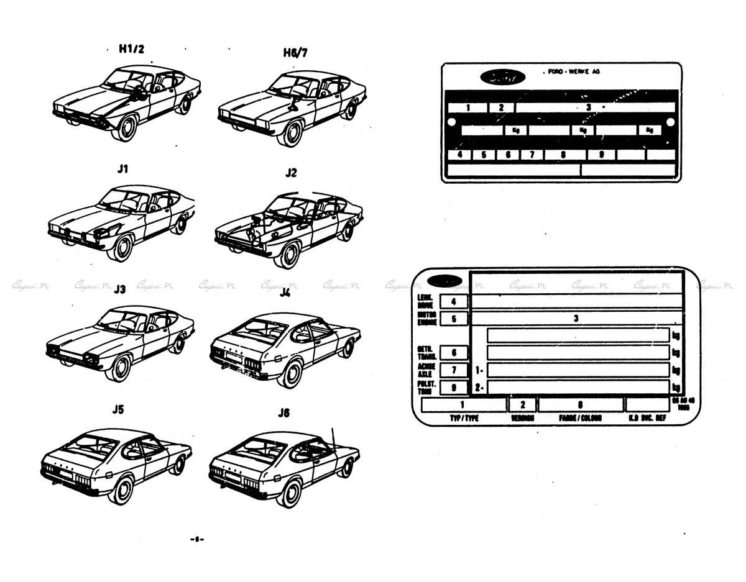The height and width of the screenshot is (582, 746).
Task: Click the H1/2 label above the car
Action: point(131,50)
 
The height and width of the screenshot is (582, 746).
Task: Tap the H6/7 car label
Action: point(295,53)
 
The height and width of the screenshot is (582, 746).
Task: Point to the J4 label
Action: point(285,293)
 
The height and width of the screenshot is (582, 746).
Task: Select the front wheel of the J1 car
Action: point(120,248)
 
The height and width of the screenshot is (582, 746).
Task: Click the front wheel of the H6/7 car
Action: point(290,132)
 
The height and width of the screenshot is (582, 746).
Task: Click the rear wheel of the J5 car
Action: point(179,465)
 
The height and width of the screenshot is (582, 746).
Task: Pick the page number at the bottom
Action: point(197,539)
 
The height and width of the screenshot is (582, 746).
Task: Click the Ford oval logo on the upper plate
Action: point(502,77)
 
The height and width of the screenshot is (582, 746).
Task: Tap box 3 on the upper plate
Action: point(587,107)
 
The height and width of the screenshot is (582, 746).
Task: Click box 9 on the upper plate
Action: point(601,155)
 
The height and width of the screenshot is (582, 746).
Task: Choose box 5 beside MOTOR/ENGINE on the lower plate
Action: point(454,319)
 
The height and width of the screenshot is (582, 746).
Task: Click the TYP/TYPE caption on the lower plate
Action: point(464,418)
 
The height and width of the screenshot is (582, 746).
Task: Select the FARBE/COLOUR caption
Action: point(580,418)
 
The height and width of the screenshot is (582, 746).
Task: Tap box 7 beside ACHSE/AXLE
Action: point(454,370)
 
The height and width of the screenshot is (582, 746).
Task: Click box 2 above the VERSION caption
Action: point(522,405)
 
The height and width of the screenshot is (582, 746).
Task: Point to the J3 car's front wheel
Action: point(118,367)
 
